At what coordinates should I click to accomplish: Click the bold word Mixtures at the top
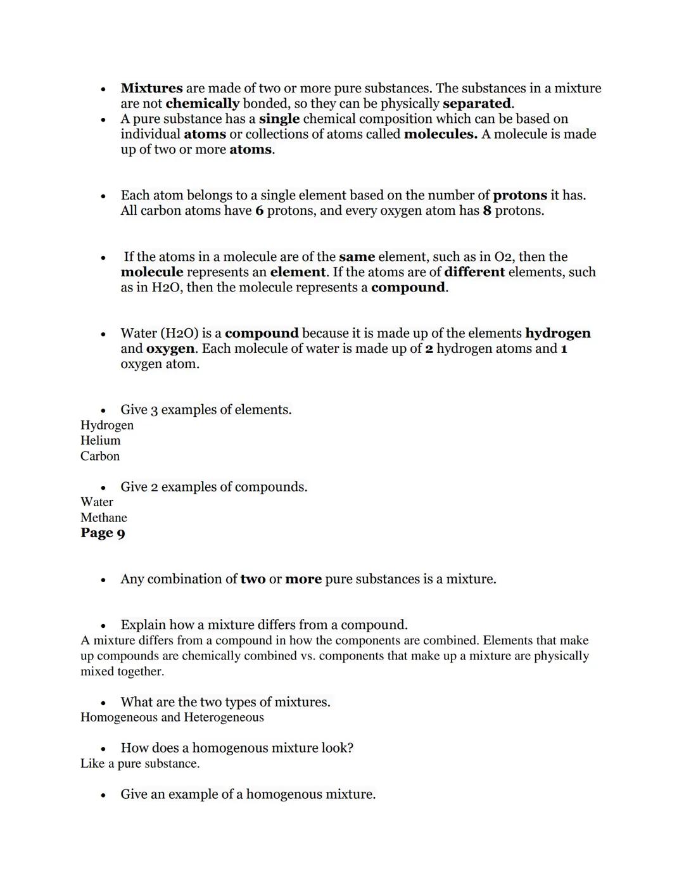point(151,88)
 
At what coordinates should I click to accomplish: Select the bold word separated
point(476,103)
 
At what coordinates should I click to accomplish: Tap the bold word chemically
point(202,103)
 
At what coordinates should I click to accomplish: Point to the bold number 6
point(259,210)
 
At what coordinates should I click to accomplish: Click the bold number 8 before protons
point(486,210)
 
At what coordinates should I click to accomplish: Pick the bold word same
point(357,257)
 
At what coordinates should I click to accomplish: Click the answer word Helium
point(100,440)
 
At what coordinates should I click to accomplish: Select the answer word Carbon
point(100,456)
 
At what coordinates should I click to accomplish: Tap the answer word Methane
point(103,518)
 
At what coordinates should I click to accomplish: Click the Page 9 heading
point(103,533)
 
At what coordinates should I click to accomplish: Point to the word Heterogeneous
point(224,717)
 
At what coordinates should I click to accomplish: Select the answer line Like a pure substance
point(140,763)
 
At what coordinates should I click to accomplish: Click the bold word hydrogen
point(557,333)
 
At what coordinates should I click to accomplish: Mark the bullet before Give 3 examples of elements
point(103,411)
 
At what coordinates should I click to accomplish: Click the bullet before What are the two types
point(103,703)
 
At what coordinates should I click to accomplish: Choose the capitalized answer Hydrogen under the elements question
point(107,425)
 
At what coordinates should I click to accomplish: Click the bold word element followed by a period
point(297,272)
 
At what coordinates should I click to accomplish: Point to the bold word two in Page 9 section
point(253,579)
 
